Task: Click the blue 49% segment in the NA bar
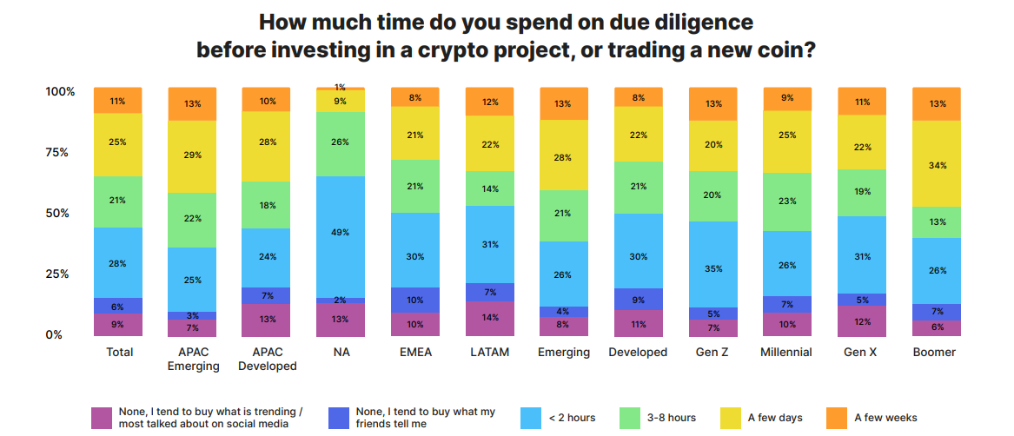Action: (341, 232)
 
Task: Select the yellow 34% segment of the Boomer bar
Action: (936, 164)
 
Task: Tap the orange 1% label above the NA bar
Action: (341, 87)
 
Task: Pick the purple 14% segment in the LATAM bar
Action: (490, 318)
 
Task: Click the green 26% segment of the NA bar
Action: (341, 143)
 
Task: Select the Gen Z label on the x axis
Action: (712, 352)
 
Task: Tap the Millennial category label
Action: (787, 352)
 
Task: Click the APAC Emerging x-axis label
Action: (193, 359)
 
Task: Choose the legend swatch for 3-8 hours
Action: (631, 418)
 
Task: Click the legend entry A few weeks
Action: (885, 418)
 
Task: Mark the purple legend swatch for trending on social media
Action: (102, 418)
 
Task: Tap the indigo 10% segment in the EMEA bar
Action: (415, 300)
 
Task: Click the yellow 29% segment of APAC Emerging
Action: (193, 156)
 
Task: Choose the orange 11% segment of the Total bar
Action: (118, 101)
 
